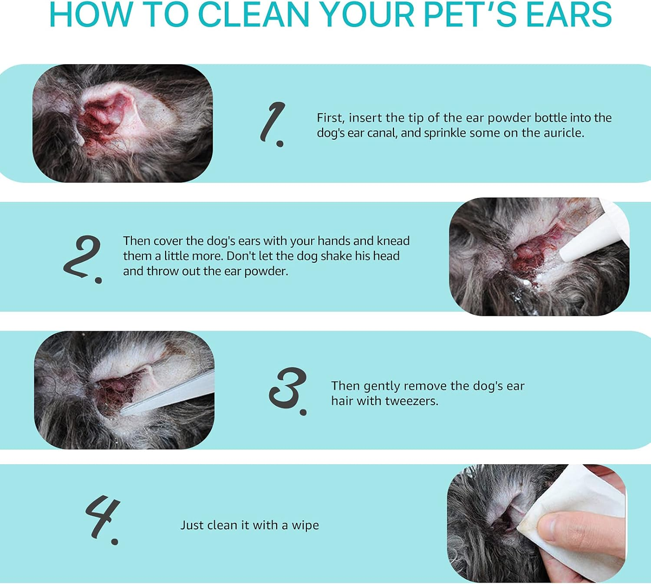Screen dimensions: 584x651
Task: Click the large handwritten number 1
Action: click(273, 124)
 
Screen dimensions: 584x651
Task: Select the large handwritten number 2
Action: click(83, 259)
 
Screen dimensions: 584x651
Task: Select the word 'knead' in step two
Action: click(393, 241)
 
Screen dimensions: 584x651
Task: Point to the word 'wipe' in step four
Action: click(305, 525)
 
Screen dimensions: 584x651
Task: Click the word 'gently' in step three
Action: click(382, 386)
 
